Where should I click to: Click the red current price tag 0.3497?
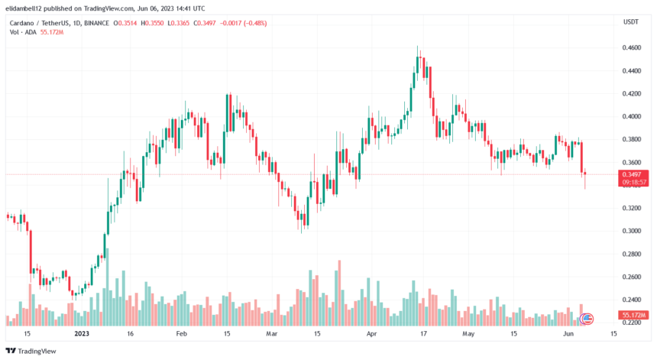tap(631, 174)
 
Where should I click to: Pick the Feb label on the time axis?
tap(181, 334)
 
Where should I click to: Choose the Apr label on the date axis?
tap(371, 334)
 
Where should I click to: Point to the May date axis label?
tap(468, 334)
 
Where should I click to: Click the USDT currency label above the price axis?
tap(630, 22)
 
